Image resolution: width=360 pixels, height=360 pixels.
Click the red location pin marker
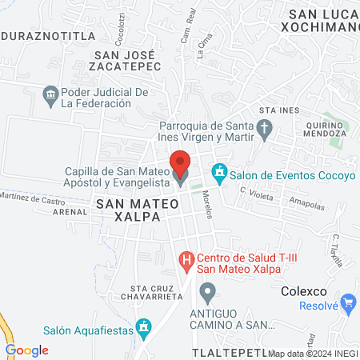[181, 166]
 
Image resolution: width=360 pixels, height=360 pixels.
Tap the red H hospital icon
[186, 260]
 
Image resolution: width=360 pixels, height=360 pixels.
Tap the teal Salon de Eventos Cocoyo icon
[218, 172]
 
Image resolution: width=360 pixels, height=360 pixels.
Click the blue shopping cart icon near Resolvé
[348, 303]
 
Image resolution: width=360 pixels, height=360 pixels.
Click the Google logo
[26, 350]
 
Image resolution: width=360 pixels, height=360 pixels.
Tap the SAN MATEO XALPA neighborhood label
[136, 210]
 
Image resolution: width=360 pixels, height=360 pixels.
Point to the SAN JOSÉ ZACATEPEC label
[127, 61]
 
